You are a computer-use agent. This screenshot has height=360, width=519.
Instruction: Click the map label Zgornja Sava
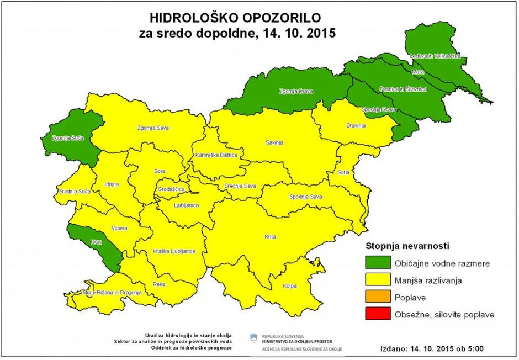tap(153, 128)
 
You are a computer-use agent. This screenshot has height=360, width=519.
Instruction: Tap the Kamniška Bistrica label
tap(216, 155)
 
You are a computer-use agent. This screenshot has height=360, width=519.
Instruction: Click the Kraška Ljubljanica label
tap(174, 251)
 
